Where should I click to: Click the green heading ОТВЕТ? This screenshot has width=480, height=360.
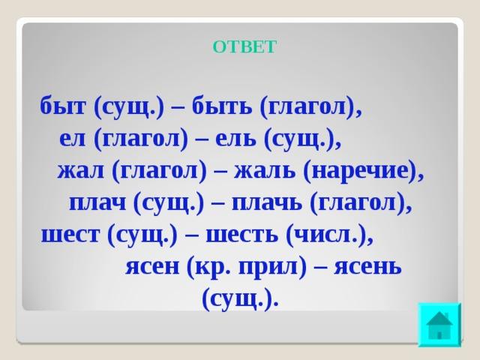[244, 47]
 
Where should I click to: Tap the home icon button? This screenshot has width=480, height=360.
[439, 325]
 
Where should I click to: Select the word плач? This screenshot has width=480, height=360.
[97, 202]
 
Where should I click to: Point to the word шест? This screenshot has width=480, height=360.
[70, 235]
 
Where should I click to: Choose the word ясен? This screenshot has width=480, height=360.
[152, 267]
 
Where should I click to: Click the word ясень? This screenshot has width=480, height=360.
[367, 267]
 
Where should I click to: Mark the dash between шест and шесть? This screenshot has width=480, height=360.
[192, 236]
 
